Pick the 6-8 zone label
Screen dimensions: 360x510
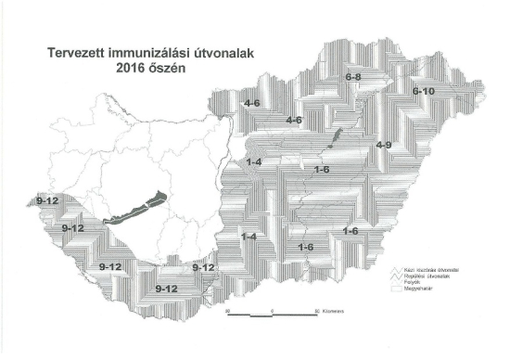[x=353, y=75]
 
